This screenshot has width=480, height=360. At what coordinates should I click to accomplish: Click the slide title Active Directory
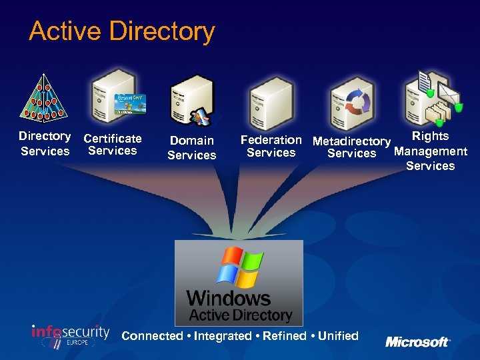(x=122, y=31)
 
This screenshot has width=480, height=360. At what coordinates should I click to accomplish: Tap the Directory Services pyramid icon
(x=44, y=98)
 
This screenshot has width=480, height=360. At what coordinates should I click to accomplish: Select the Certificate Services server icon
(x=114, y=97)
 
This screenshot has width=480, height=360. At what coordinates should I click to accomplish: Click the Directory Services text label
(x=45, y=143)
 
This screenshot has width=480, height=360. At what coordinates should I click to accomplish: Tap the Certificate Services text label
(x=113, y=145)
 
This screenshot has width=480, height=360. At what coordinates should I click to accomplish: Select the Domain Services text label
(x=192, y=148)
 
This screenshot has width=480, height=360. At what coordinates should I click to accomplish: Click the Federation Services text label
(x=271, y=146)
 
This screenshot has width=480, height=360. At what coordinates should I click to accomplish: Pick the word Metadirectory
(x=351, y=141)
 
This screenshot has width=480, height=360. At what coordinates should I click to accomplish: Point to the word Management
(x=431, y=151)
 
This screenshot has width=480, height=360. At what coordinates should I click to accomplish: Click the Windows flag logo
(x=239, y=267)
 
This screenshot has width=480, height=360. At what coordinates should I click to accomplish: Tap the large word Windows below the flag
(x=229, y=298)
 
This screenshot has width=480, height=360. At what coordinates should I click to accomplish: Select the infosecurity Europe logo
(x=70, y=335)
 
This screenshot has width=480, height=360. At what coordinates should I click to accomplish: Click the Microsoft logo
(x=417, y=342)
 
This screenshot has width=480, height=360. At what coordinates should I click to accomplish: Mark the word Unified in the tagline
(x=338, y=336)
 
